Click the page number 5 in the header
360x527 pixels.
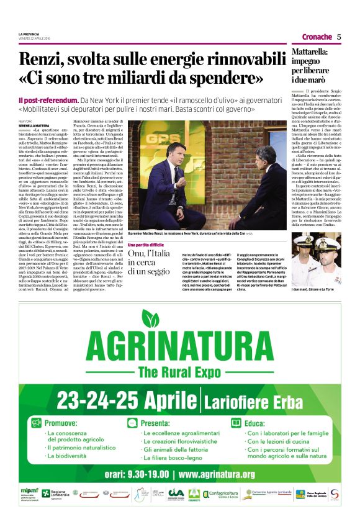coord(339,37)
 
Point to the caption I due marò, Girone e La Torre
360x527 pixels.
coord(317,290)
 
